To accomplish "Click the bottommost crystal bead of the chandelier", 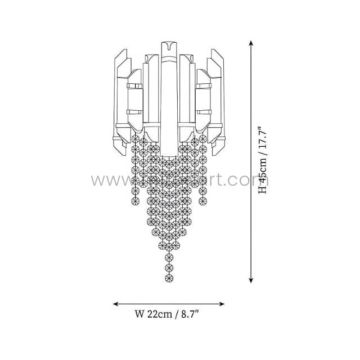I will click(x=169, y=278).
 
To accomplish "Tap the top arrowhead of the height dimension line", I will click(x=251, y=43).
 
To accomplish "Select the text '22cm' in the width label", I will click(x=159, y=315).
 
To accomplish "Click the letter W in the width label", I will click(x=139, y=315).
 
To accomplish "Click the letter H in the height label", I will click(x=262, y=190).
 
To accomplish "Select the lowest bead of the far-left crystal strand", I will click(x=135, y=201).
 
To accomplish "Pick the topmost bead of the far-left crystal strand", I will click(x=135, y=139).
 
